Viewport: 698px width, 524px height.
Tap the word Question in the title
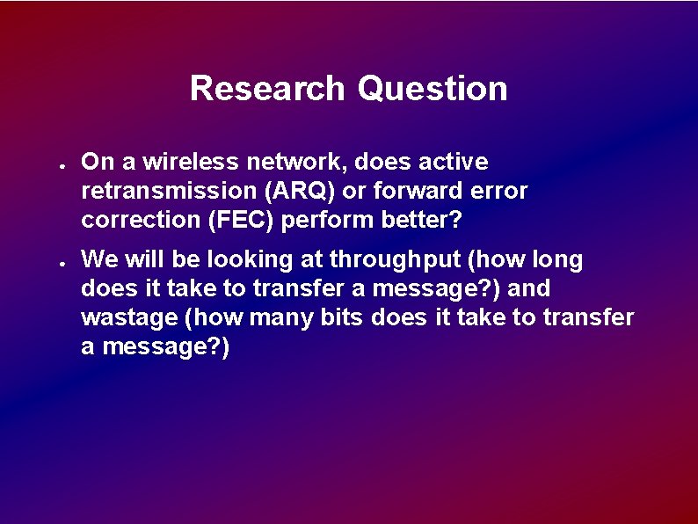click(433, 89)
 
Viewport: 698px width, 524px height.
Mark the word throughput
click(388, 259)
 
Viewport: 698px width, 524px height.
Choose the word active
click(453, 162)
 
